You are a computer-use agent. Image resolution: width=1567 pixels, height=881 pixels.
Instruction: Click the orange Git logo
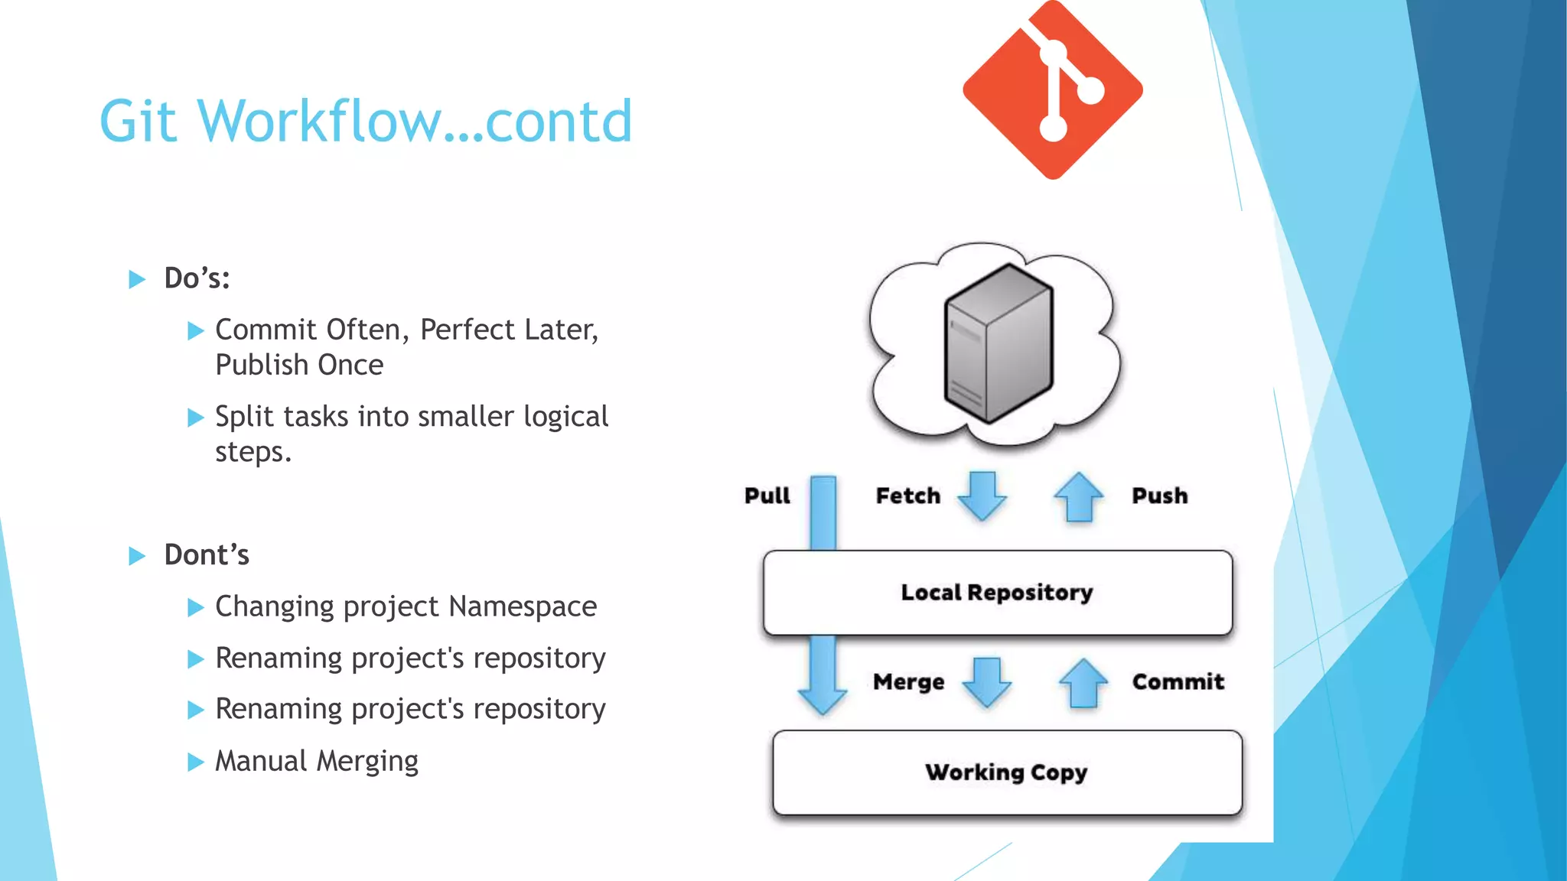click(x=1053, y=90)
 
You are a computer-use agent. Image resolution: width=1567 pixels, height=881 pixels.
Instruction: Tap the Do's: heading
click(x=197, y=278)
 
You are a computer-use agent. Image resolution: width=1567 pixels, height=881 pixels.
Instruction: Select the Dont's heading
click(x=207, y=555)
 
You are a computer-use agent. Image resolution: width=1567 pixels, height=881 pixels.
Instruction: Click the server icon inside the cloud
click(x=999, y=343)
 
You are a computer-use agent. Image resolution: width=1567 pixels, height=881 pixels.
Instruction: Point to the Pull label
click(x=767, y=496)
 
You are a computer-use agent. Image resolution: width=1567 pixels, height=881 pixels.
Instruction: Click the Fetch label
click(x=907, y=496)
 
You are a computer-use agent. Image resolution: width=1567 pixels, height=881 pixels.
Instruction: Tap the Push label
click(x=1159, y=496)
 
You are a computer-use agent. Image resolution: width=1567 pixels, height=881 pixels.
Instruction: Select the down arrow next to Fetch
click(x=982, y=496)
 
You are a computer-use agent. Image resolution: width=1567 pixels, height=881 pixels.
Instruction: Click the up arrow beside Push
click(x=1079, y=497)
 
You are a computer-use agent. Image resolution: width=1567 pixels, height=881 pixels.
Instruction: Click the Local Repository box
click(x=997, y=593)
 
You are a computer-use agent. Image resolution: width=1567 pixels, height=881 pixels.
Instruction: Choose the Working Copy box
click(x=1006, y=772)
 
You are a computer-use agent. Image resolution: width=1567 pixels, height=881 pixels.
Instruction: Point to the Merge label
click(x=908, y=681)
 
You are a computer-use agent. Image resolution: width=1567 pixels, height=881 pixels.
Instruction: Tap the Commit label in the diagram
click(x=1178, y=681)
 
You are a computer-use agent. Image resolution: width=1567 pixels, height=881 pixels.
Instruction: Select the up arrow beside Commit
click(x=1083, y=683)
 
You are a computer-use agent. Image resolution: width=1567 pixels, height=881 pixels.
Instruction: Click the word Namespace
click(x=523, y=606)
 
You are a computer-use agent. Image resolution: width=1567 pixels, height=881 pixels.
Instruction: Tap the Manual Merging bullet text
click(x=317, y=761)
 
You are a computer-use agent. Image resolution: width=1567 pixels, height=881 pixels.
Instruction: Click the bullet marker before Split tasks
click(x=196, y=418)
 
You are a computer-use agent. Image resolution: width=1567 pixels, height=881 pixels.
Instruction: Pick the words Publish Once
click(x=299, y=365)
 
